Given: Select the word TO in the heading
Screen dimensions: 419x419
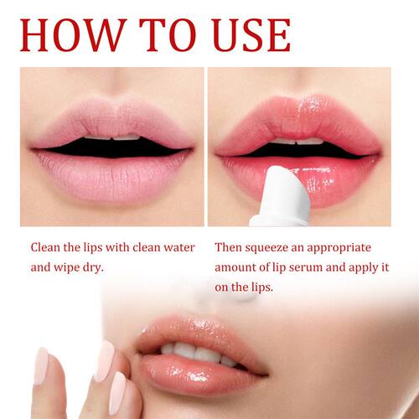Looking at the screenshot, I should tap(168, 34).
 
